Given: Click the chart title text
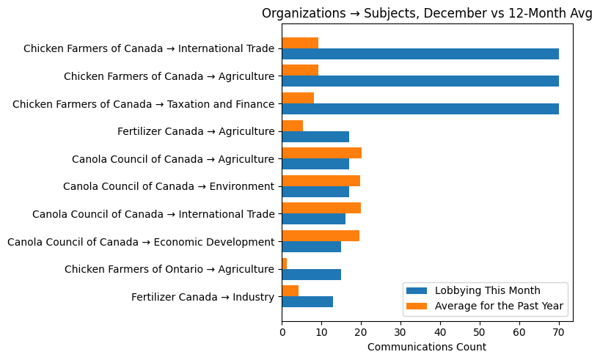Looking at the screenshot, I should [427, 14].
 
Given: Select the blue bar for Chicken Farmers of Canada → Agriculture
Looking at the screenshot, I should [420, 81].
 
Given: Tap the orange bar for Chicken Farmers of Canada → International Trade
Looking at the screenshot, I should [300, 43].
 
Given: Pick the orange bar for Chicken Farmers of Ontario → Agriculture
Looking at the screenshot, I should [285, 263].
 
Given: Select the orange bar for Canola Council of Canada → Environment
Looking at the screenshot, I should [321, 180].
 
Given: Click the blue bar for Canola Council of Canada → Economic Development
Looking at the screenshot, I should [312, 247].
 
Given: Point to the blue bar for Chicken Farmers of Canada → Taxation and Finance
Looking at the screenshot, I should [420, 109].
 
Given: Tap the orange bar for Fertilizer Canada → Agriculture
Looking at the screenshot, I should [293, 125].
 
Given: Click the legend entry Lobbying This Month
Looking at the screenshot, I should [487, 290].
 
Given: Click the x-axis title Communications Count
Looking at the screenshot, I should [427, 347].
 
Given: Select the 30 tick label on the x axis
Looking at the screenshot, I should [400, 332].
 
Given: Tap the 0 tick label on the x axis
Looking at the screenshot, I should [282, 332].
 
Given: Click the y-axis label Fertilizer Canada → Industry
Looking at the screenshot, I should [202, 297].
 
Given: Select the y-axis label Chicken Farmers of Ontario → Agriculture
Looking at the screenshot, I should [169, 269].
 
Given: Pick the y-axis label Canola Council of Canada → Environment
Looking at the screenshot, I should [169, 186].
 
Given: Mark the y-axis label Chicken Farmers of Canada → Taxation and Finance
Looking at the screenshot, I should [143, 104].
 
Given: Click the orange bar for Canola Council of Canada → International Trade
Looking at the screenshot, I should [321, 208].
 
